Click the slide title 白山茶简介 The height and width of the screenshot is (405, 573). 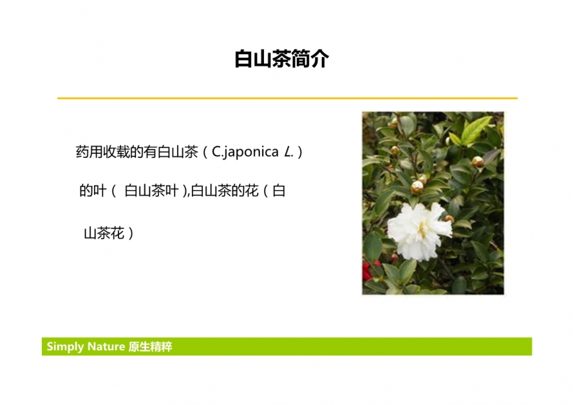281,59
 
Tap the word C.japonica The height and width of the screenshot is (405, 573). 245,152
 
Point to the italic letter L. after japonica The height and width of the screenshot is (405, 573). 288,152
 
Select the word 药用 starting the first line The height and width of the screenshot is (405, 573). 89,152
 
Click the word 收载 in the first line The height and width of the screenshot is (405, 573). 116,152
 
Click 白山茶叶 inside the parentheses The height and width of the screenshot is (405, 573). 151,191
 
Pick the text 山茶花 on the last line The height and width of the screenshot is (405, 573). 104,233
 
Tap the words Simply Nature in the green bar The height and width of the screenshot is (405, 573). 86,346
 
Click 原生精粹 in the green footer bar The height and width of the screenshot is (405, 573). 150,346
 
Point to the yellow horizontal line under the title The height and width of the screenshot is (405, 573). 287,98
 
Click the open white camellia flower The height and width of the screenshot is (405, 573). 420,231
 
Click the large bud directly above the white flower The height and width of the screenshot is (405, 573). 417,187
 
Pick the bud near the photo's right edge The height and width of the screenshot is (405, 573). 477,162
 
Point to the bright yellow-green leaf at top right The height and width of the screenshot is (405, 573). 474,131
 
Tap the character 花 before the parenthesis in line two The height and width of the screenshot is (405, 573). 252,191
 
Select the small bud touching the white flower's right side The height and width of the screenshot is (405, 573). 449,218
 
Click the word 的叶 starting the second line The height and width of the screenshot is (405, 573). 93,191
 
